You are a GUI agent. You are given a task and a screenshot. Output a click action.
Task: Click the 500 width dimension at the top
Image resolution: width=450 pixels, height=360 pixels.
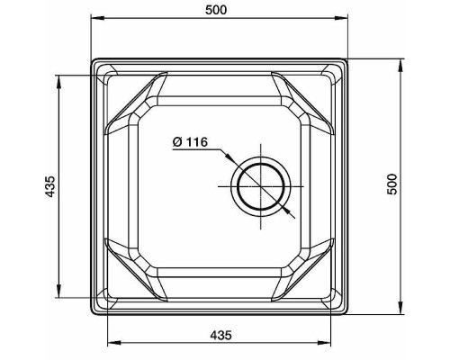point(216,10)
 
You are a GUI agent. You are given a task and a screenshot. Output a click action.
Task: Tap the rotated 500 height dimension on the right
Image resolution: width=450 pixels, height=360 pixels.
point(391,184)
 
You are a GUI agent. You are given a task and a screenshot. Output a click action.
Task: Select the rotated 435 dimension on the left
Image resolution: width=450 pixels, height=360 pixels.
point(50,186)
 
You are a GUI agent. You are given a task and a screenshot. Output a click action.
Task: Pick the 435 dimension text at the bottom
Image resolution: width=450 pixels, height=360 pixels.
point(220,335)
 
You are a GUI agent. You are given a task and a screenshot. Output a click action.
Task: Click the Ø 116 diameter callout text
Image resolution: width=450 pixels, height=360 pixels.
point(190,141)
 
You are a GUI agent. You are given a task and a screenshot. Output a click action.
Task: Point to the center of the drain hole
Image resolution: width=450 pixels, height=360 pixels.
point(261,186)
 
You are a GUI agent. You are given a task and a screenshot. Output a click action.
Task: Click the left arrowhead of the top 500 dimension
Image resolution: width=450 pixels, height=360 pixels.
point(98,18)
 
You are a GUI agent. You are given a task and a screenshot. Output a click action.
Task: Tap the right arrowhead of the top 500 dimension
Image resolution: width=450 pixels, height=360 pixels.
point(341,18)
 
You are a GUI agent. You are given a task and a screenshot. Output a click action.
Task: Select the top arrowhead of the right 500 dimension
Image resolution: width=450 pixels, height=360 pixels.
point(400,66)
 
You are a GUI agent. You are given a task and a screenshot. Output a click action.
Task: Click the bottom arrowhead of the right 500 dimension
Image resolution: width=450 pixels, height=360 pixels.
point(400,308)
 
